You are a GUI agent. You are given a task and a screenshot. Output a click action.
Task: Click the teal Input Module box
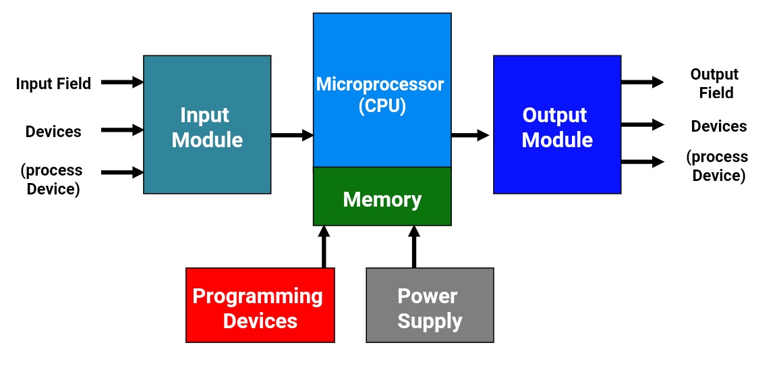[x=207, y=125]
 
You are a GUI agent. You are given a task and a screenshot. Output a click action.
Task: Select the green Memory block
[x=382, y=197]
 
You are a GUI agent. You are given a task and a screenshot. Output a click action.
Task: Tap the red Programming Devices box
[x=260, y=305]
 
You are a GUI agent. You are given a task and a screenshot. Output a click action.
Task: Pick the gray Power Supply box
[x=430, y=305]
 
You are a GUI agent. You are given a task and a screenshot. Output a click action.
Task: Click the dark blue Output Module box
[x=557, y=125]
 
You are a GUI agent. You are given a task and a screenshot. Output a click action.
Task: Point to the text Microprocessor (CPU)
[x=380, y=95]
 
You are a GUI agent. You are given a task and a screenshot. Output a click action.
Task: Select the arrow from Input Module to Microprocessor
[x=292, y=135]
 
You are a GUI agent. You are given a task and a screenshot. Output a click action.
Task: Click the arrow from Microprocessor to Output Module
[x=470, y=135]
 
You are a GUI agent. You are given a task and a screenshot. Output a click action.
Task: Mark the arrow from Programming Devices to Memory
[x=324, y=246]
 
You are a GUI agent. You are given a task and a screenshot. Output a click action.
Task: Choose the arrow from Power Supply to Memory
[x=414, y=246]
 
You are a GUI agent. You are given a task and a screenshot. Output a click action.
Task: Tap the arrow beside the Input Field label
[x=122, y=82]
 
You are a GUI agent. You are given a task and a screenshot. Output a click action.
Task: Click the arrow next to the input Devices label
[x=122, y=130]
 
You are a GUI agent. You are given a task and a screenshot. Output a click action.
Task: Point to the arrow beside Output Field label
[x=641, y=82]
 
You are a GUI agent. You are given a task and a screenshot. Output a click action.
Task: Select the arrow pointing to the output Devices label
[x=641, y=125]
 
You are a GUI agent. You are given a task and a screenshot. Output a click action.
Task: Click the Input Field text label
[x=53, y=84]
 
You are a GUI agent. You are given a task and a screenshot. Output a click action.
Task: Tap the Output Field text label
[x=714, y=84]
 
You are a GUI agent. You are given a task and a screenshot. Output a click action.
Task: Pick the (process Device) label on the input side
[x=52, y=180]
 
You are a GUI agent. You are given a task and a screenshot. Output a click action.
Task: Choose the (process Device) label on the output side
[x=717, y=166]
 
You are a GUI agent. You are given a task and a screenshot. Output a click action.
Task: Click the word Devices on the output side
[x=719, y=126]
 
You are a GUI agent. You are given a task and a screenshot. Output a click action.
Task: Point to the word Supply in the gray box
[x=430, y=321]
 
